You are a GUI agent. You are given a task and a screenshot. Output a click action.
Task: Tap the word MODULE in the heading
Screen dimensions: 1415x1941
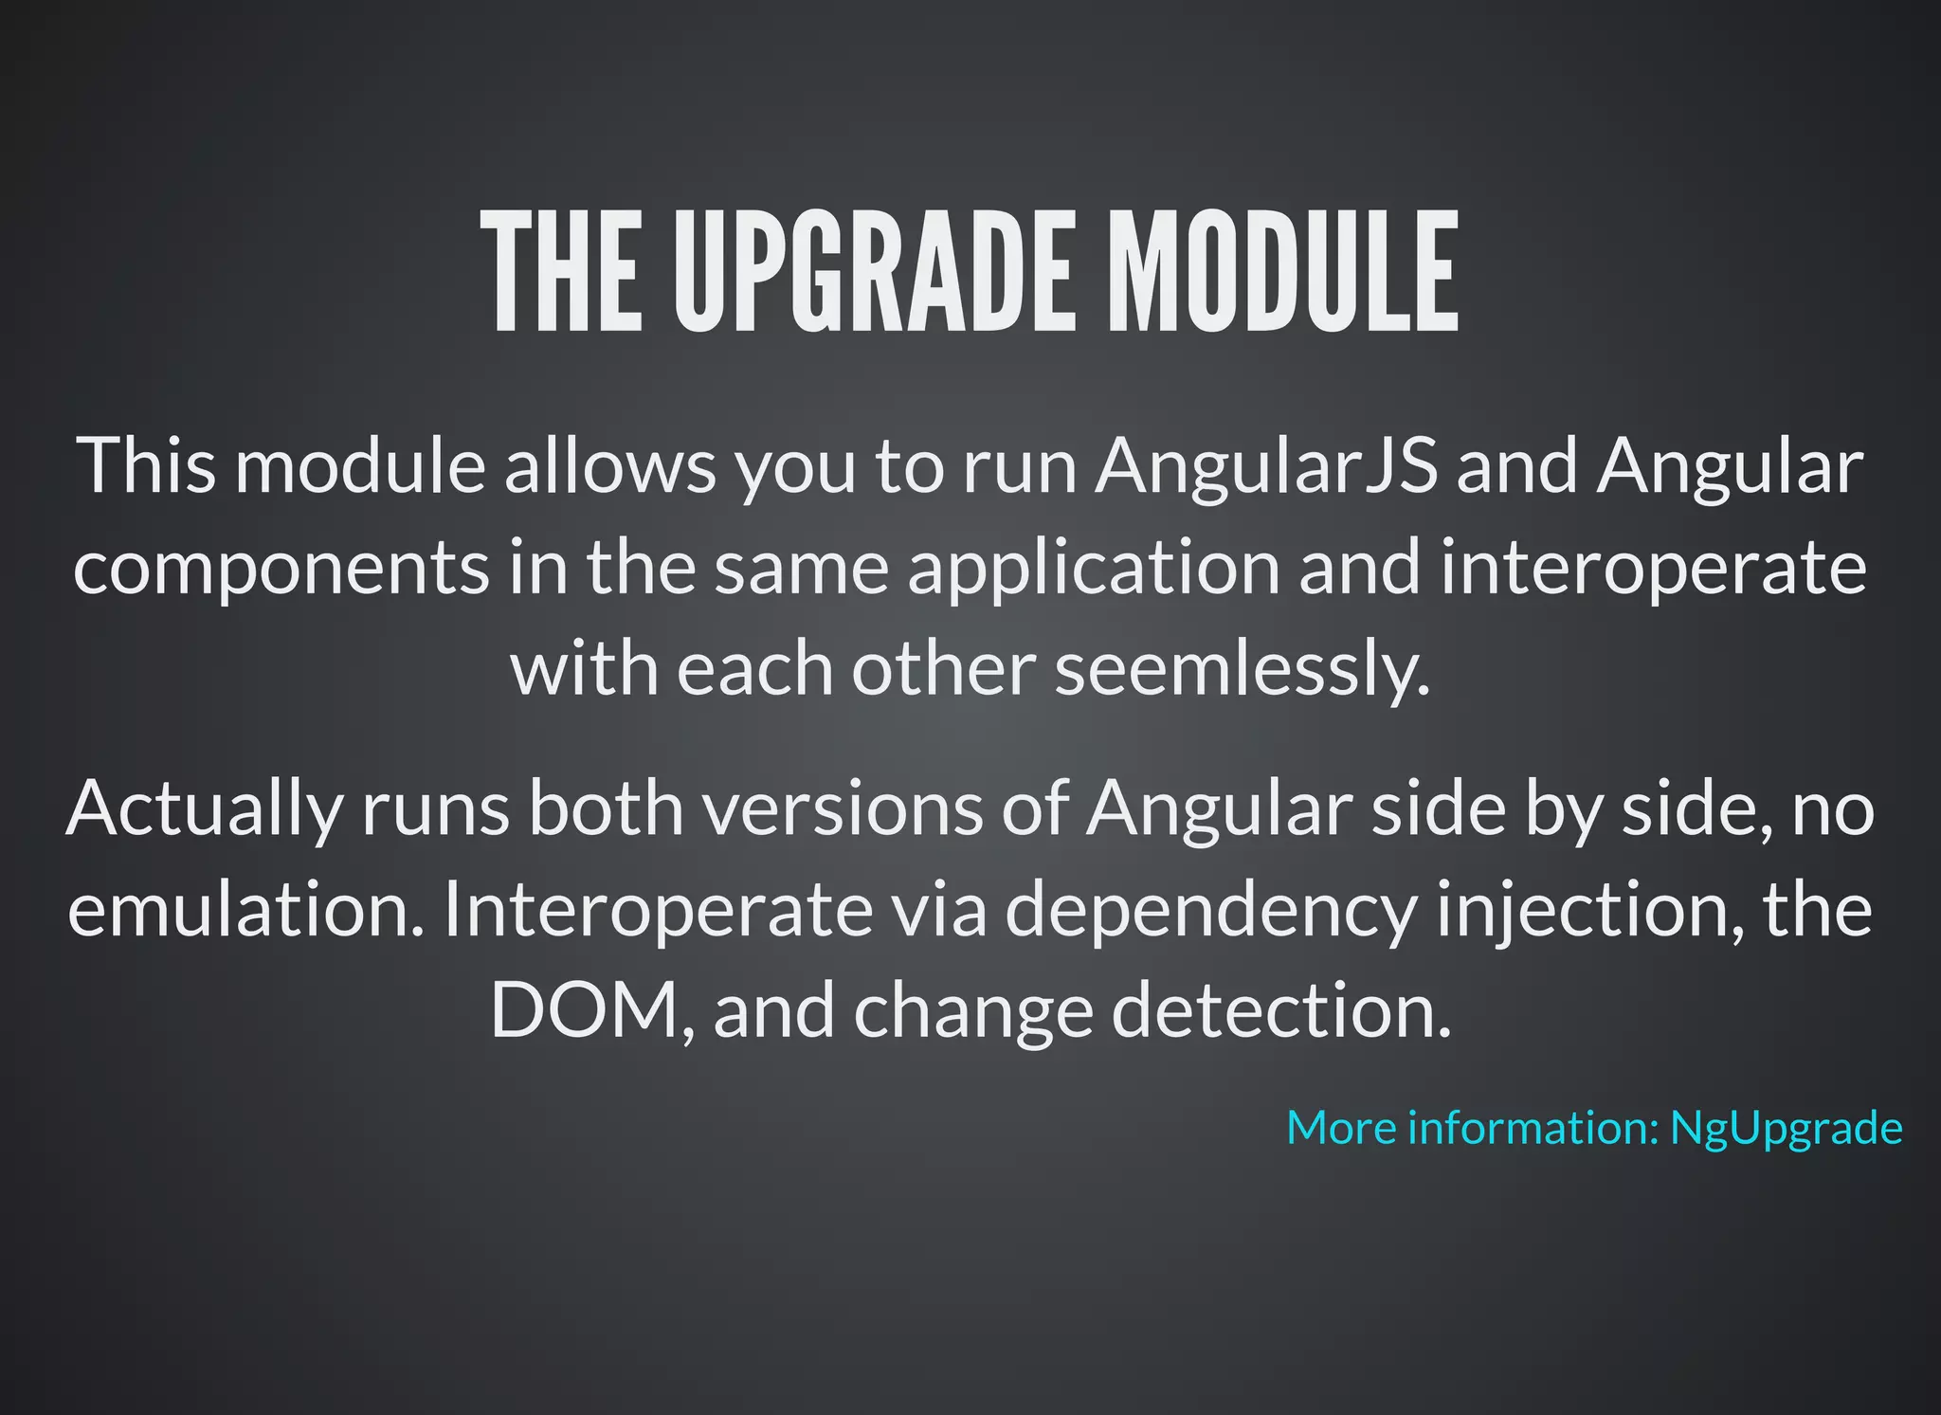point(1283,272)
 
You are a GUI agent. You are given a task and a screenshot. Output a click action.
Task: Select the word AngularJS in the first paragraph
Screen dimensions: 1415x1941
point(1266,466)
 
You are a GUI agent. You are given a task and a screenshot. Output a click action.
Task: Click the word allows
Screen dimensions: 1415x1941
point(609,466)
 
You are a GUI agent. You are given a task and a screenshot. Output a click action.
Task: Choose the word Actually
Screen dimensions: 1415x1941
point(204,809)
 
